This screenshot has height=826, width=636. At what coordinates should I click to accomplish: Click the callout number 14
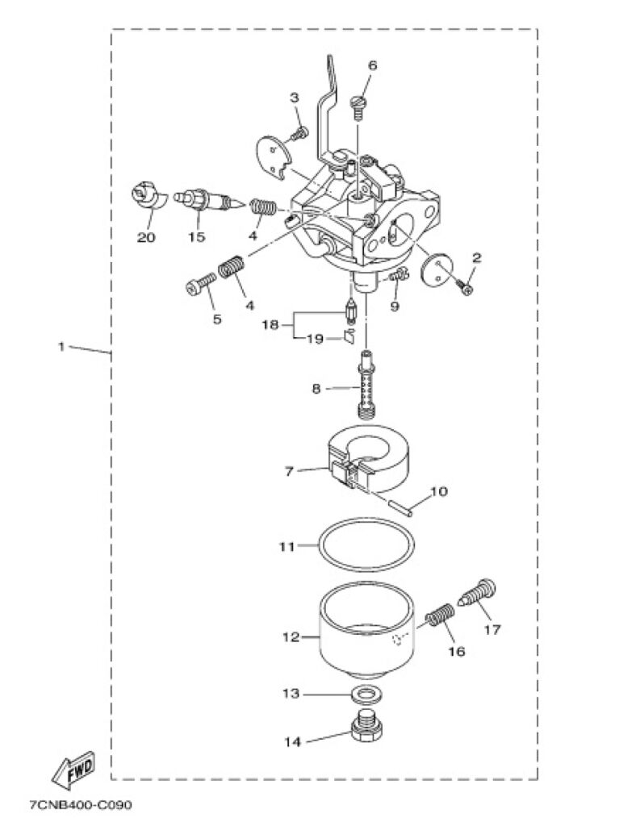tap(293, 740)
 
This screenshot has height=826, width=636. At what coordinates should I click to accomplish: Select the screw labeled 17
tap(480, 594)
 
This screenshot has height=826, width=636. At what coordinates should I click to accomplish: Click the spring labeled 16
tap(438, 622)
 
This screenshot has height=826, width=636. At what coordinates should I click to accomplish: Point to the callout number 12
tap(291, 636)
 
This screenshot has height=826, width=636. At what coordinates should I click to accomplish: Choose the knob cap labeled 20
tap(145, 197)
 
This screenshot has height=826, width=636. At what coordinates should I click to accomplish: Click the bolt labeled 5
tap(199, 283)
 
